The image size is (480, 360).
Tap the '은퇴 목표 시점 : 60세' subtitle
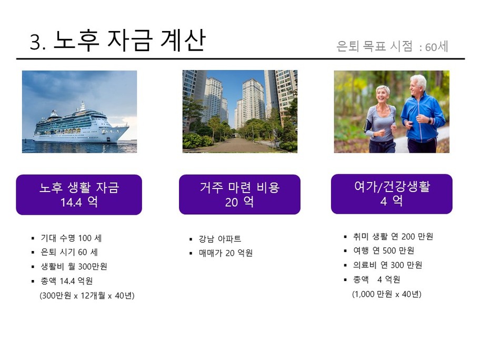coord(392,46)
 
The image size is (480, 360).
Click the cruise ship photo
coord(79,112)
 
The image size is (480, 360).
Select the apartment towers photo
coord(240,112)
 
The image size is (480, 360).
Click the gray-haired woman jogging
coord(379,119)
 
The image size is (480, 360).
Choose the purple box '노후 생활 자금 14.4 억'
coord(79,195)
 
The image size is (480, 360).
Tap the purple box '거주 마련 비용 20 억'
coord(239,194)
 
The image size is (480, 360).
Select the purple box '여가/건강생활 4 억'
coord(392,194)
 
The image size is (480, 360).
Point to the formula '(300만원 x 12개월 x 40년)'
coord(87,295)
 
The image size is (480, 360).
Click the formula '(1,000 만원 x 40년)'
coord(387,294)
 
